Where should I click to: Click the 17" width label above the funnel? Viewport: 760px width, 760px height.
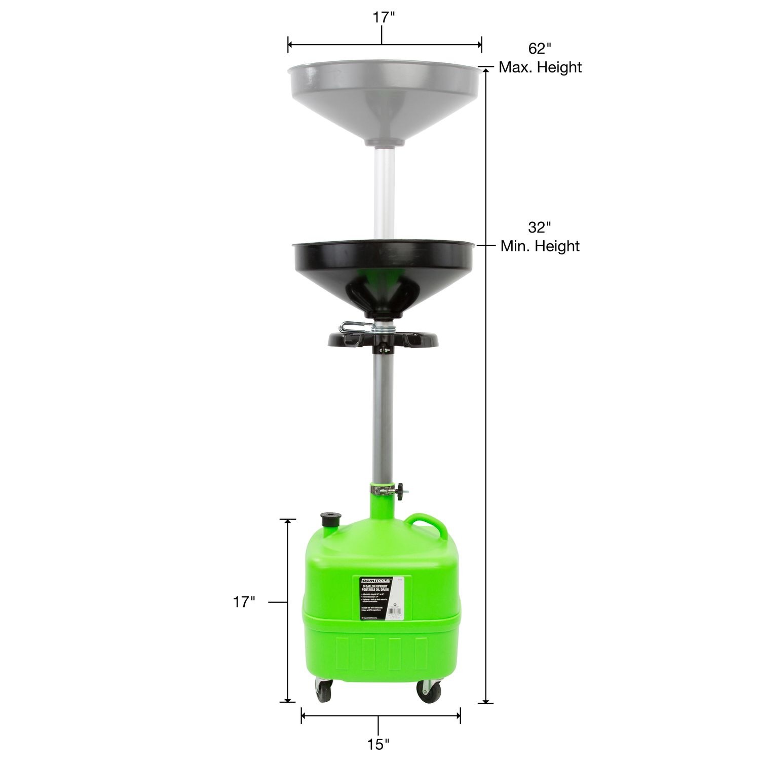click(x=384, y=17)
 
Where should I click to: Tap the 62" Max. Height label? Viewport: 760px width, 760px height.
click(x=540, y=58)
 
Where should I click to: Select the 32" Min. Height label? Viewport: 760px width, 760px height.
click(x=540, y=237)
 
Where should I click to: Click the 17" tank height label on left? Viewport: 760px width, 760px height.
click(x=243, y=602)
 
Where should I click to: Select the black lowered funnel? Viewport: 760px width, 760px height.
click(x=384, y=269)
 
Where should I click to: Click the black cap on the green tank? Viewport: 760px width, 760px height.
click(x=326, y=520)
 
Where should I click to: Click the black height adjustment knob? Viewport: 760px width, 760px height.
click(x=402, y=489)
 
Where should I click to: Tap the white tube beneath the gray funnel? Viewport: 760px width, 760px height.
click(x=384, y=187)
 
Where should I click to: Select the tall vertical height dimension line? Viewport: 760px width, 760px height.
click(x=486, y=405)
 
